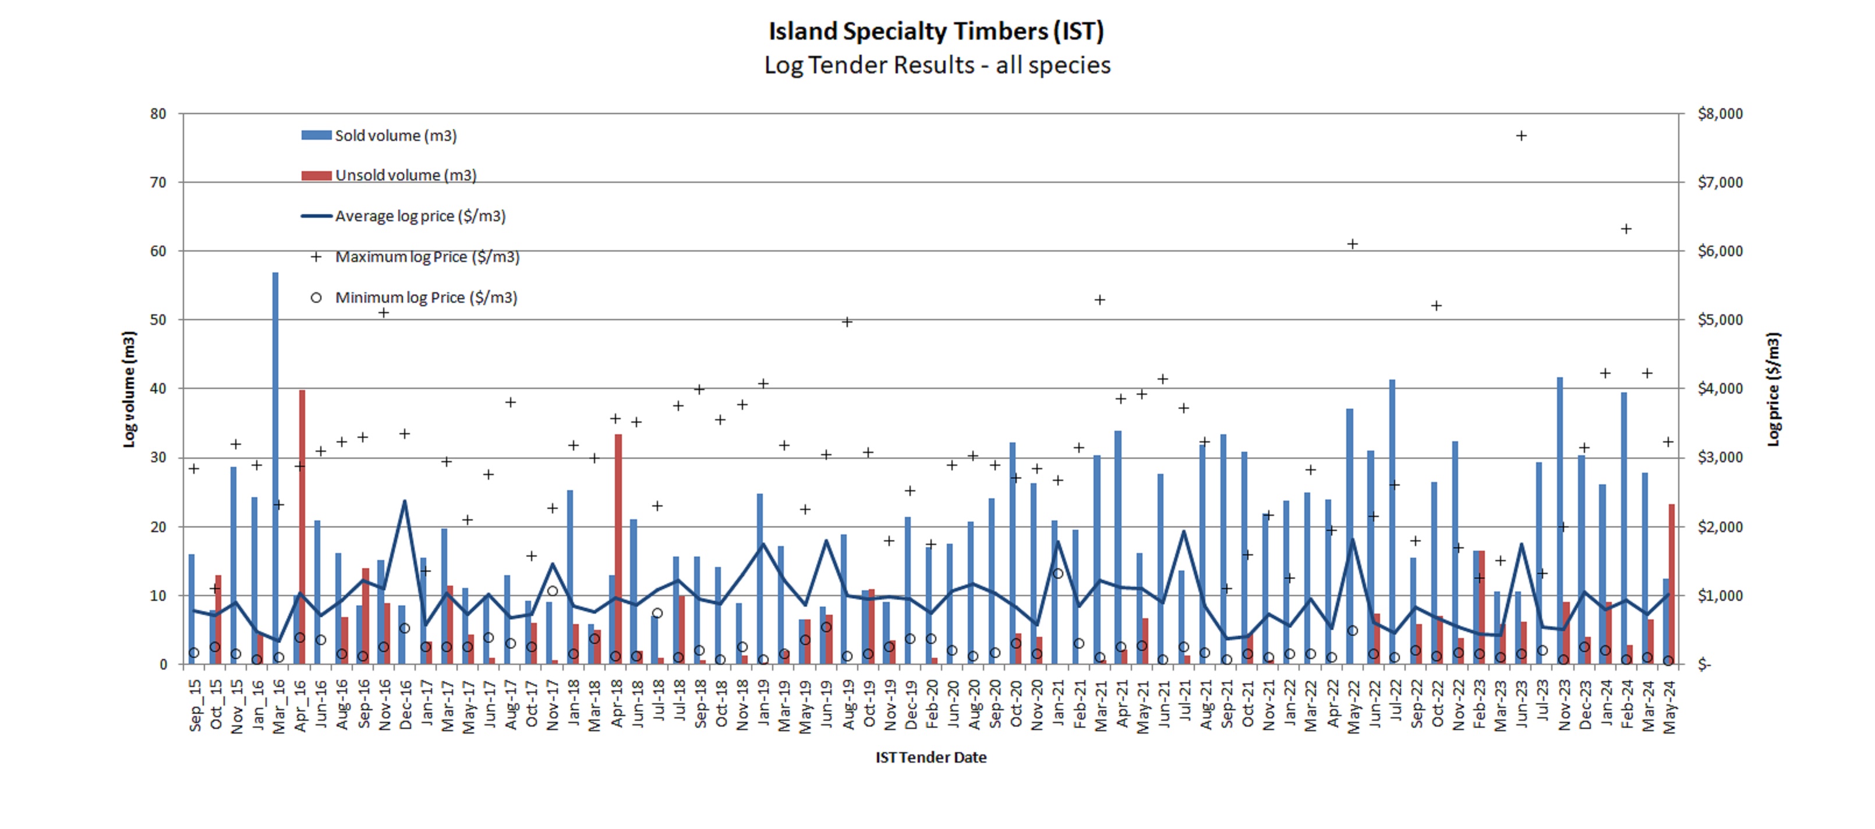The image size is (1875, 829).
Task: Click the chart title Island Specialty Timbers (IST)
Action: click(x=936, y=31)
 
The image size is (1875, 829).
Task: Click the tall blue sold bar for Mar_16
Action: click(x=275, y=466)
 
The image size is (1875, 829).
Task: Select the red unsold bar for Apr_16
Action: click(x=302, y=527)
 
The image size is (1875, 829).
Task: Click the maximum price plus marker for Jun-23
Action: click(x=1521, y=136)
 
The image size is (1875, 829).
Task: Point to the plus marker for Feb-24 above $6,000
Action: click(x=1626, y=229)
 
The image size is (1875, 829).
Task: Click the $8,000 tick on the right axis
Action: click(x=1720, y=114)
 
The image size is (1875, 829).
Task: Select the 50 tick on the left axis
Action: click(x=158, y=320)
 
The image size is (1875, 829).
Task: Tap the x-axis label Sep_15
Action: click(x=195, y=704)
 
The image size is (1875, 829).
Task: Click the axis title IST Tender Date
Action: click(x=931, y=757)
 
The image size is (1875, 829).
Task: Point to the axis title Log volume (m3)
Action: click(x=129, y=389)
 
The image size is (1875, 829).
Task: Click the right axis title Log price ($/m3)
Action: click(x=1774, y=389)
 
